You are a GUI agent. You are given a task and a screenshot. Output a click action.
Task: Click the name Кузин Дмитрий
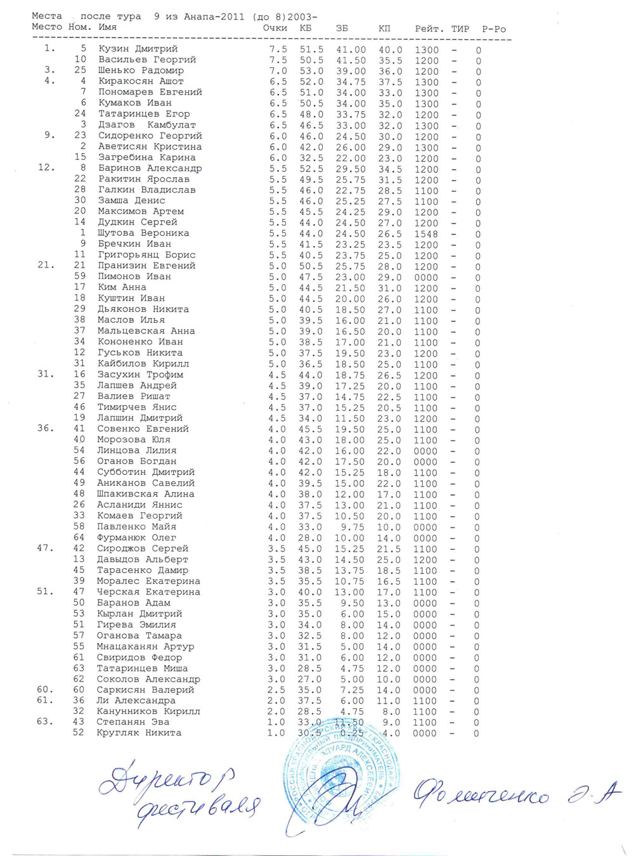(x=138, y=49)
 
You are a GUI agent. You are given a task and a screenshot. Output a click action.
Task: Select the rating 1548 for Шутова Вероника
(x=426, y=234)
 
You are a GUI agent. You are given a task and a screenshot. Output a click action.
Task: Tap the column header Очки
(x=275, y=28)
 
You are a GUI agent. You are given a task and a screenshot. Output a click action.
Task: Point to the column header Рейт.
(x=429, y=29)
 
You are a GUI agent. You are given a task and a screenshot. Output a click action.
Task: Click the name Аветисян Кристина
(x=150, y=146)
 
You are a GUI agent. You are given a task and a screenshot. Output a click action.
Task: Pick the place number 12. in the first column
(x=47, y=168)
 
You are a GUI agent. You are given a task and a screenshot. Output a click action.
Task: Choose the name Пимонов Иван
(x=134, y=276)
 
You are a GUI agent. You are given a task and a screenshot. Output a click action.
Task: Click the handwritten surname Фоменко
(x=482, y=793)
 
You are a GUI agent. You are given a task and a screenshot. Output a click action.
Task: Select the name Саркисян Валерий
(x=145, y=690)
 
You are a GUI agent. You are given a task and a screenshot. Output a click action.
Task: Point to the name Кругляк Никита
(x=139, y=733)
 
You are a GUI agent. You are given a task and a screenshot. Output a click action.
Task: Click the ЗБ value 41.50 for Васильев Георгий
(x=351, y=60)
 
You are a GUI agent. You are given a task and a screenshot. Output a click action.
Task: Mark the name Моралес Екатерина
(x=148, y=581)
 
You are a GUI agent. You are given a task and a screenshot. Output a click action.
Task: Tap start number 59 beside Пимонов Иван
(x=79, y=276)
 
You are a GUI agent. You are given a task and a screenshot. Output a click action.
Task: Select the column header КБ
(x=305, y=28)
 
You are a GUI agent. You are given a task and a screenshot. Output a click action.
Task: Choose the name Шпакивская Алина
(x=145, y=494)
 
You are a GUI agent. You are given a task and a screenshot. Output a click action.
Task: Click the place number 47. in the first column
(x=46, y=548)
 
